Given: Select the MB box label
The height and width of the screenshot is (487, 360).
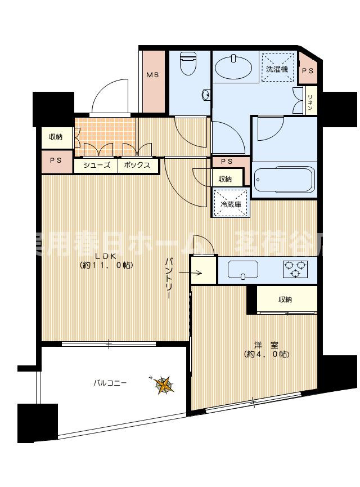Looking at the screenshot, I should coord(152,74).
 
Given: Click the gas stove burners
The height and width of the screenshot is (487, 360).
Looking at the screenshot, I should coord(296,269).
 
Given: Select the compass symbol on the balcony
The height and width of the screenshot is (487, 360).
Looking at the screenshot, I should coord(164,385).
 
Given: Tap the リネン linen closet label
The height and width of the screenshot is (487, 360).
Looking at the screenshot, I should coord(309,102).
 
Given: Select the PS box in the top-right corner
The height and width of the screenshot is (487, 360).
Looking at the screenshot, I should coord(307,70).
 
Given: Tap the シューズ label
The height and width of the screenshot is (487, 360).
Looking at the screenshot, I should coord(96,166).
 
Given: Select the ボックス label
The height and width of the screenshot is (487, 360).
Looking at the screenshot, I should coord(137,166).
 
